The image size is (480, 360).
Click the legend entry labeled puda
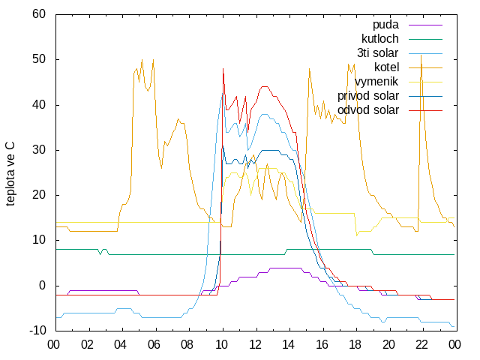click(385, 25)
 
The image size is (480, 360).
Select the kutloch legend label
click(380, 39)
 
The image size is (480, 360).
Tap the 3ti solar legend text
click(378, 53)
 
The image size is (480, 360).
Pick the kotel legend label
click(387, 67)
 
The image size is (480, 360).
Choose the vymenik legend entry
click(376, 82)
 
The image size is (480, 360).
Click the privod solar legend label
click(368, 96)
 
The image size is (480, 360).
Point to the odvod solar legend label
click(368, 110)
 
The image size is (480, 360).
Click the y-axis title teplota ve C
click(10, 173)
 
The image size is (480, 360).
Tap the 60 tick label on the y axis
click(39, 14)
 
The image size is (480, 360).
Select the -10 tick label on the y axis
click(37, 331)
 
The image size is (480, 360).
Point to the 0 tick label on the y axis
click(42, 286)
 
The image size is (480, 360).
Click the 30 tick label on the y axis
click(39, 150)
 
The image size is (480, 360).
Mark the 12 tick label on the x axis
click(255, 345)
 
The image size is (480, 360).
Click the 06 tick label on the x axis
click(154, 345)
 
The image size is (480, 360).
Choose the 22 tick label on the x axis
click(421, 345)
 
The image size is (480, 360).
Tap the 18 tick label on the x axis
click(355, 345)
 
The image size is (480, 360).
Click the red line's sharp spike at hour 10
click(223, 69)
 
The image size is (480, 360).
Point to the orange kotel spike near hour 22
click(421, 55)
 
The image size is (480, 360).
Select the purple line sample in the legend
click(425, 25)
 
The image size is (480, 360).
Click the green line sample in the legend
click(425, 39)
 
